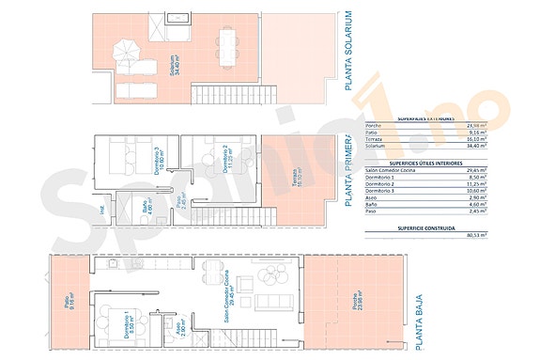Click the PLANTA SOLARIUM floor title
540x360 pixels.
coord(348,52)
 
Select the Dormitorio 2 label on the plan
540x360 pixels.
coord(225,152)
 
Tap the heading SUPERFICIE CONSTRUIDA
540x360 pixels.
coord(427,228)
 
